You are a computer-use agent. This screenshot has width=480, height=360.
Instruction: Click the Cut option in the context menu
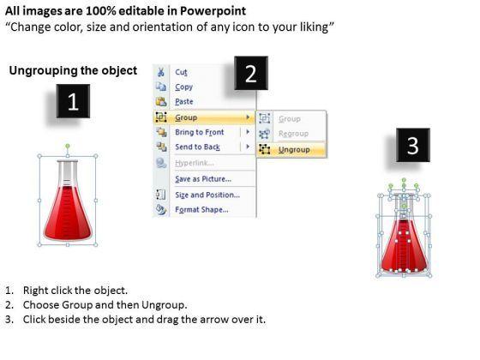point(181,72)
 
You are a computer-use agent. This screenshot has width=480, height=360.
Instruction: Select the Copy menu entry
point(183,87)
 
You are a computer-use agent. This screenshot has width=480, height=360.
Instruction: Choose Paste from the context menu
point(184,102)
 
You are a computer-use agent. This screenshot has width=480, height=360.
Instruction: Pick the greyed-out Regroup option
point(293,134)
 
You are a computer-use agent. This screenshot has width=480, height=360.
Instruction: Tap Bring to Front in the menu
point(199,132)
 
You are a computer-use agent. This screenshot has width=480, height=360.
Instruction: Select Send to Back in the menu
point(197,147)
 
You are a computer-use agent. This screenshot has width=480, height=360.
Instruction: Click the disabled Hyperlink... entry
point(195,163)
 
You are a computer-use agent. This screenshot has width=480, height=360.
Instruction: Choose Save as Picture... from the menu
point(203,179)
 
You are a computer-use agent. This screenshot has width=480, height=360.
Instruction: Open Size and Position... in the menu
point(207,195)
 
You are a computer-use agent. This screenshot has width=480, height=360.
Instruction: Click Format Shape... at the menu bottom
point(201,210)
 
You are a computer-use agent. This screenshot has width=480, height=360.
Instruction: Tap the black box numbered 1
point(73,101)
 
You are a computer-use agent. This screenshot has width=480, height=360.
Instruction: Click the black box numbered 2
point(251,73)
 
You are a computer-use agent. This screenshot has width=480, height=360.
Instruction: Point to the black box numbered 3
point(413,145)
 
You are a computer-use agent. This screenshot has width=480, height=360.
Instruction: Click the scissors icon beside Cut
point(161,72)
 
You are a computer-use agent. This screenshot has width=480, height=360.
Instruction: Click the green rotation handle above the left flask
point(68,146)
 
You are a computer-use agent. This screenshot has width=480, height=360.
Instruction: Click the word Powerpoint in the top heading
point(213,11)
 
